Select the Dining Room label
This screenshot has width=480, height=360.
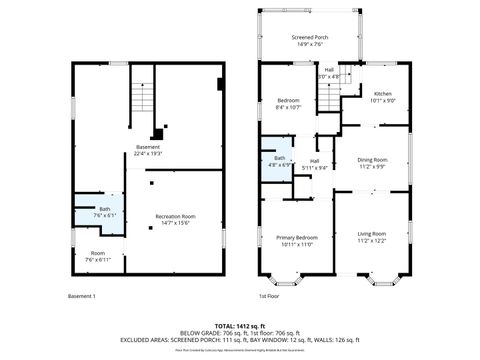[372, 163]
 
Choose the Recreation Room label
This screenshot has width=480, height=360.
[175, 219]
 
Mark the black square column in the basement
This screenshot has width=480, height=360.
[158, 135]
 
